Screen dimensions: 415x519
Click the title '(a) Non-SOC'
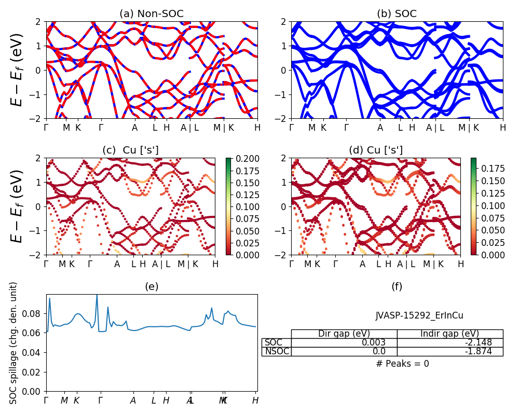coord(152,13)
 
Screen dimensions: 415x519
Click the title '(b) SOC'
coord(397,13)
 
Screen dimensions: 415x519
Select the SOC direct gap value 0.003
coord(374,342)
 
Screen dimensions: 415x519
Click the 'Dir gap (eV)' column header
coord(344,334)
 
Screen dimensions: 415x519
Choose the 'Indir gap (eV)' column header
coord(450,334)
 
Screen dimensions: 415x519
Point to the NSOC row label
coord(276,352)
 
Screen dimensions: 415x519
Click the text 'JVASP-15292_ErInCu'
coord(419,315)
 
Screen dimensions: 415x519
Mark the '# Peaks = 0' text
coord(402,364)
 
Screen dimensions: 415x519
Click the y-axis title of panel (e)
coord(14,343)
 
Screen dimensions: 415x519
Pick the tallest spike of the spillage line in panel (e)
coord(97,295)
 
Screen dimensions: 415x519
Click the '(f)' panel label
coord(397,286)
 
